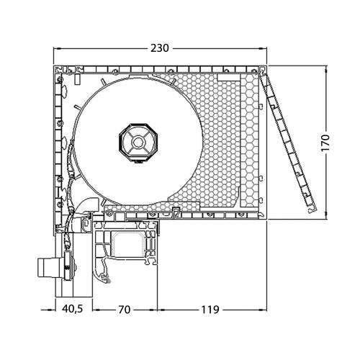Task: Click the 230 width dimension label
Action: click(x=159, y=48)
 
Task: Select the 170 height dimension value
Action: click(x=325, y=142)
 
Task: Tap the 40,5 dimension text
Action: click(x=71, y=310)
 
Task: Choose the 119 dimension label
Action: click(x=210, y=310)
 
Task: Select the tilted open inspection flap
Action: click(x=292, y=143)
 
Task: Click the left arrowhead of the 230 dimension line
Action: click(x=58, y=48)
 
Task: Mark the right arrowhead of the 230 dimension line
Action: click(x=264, y=48)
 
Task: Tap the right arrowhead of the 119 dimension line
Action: click(x=264, y=310)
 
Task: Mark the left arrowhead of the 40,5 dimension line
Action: click(x=58, y=310)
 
